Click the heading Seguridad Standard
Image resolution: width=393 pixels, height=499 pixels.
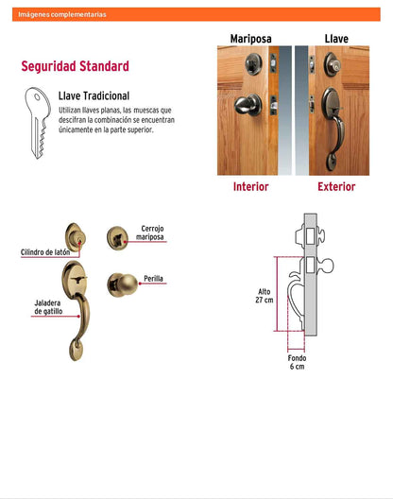75,66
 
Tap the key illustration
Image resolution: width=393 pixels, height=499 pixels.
38,123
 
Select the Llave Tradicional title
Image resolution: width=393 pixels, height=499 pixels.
94,95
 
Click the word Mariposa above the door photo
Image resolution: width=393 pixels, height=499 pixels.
250,39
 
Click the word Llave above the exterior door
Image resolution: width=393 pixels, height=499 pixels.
336,39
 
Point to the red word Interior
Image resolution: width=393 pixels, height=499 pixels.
250,186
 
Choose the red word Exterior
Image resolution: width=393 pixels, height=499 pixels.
336,186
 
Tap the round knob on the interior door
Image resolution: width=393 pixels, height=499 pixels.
248,105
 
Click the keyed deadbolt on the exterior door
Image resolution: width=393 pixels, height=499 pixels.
333,64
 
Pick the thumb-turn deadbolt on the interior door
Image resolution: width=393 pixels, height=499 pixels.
253,64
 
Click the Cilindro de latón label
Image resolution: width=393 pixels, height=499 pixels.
45,252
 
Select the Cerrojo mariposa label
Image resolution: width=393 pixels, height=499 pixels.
150,232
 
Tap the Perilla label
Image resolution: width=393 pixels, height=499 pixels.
153,279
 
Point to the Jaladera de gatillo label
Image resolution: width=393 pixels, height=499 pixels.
48,307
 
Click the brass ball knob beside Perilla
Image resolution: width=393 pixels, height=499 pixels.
123,284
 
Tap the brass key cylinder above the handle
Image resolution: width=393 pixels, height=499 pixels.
76,236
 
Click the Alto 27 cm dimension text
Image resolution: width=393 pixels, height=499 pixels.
265,296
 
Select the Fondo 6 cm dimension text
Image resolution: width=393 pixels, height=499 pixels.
297,362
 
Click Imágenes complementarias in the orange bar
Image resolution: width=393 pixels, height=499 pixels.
62,14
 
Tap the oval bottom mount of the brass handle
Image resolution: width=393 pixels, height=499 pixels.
77,350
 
